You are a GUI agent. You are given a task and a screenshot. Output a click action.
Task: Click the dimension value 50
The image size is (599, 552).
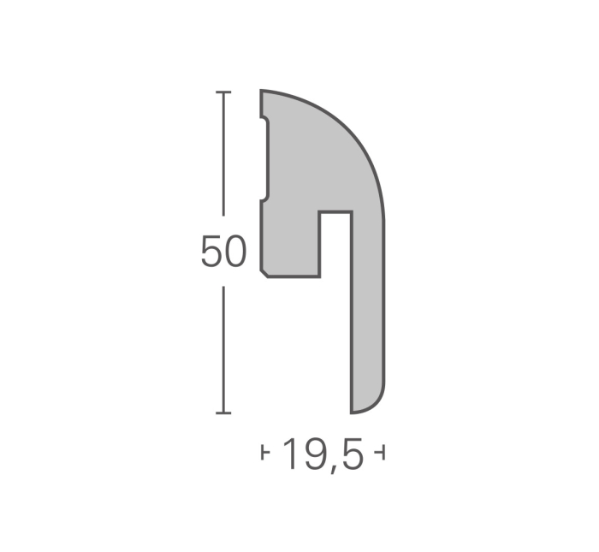point(223,252)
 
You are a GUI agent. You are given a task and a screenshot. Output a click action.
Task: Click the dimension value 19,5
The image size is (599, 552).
point(323,454)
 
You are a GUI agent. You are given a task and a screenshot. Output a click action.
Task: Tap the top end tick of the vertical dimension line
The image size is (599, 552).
point(224,92)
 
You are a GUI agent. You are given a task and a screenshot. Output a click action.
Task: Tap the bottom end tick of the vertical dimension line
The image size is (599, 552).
point(224,413)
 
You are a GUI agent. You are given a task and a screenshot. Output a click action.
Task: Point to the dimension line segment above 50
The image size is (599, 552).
point(224,154)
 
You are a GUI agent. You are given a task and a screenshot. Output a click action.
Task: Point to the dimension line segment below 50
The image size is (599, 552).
point(224,351)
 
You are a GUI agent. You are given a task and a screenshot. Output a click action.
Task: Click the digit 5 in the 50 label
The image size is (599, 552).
point(211,252)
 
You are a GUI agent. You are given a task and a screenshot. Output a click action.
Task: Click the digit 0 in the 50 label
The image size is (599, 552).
point(235,252)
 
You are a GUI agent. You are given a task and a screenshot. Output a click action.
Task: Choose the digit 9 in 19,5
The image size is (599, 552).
point(313,454)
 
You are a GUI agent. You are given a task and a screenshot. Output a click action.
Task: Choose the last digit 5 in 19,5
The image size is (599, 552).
point(351,454)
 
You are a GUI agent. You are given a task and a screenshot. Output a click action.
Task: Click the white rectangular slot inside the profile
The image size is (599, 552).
point(335,244)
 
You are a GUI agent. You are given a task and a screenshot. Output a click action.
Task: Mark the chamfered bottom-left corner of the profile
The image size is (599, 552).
point(264,273)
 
